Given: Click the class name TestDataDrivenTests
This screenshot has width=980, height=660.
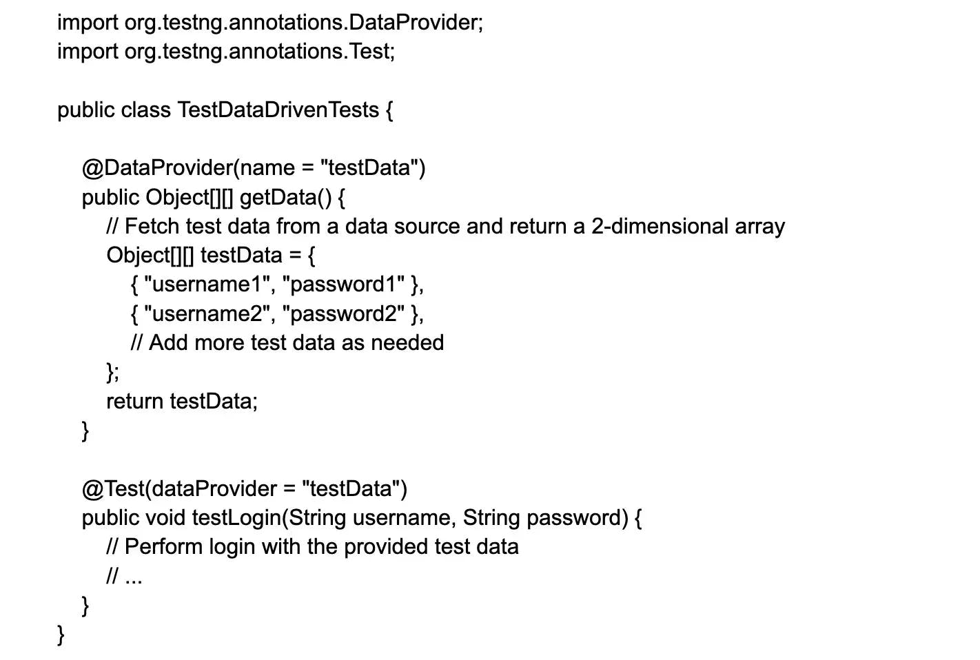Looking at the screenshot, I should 278,110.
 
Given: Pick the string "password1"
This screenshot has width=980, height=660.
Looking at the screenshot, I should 343,285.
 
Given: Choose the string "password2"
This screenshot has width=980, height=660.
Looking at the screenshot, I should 343,314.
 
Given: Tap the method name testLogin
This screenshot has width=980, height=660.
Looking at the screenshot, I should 236,518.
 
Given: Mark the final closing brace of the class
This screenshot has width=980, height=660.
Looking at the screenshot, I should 61,634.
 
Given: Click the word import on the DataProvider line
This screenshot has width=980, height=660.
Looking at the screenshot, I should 88,23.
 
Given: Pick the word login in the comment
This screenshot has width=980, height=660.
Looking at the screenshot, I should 231,547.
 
